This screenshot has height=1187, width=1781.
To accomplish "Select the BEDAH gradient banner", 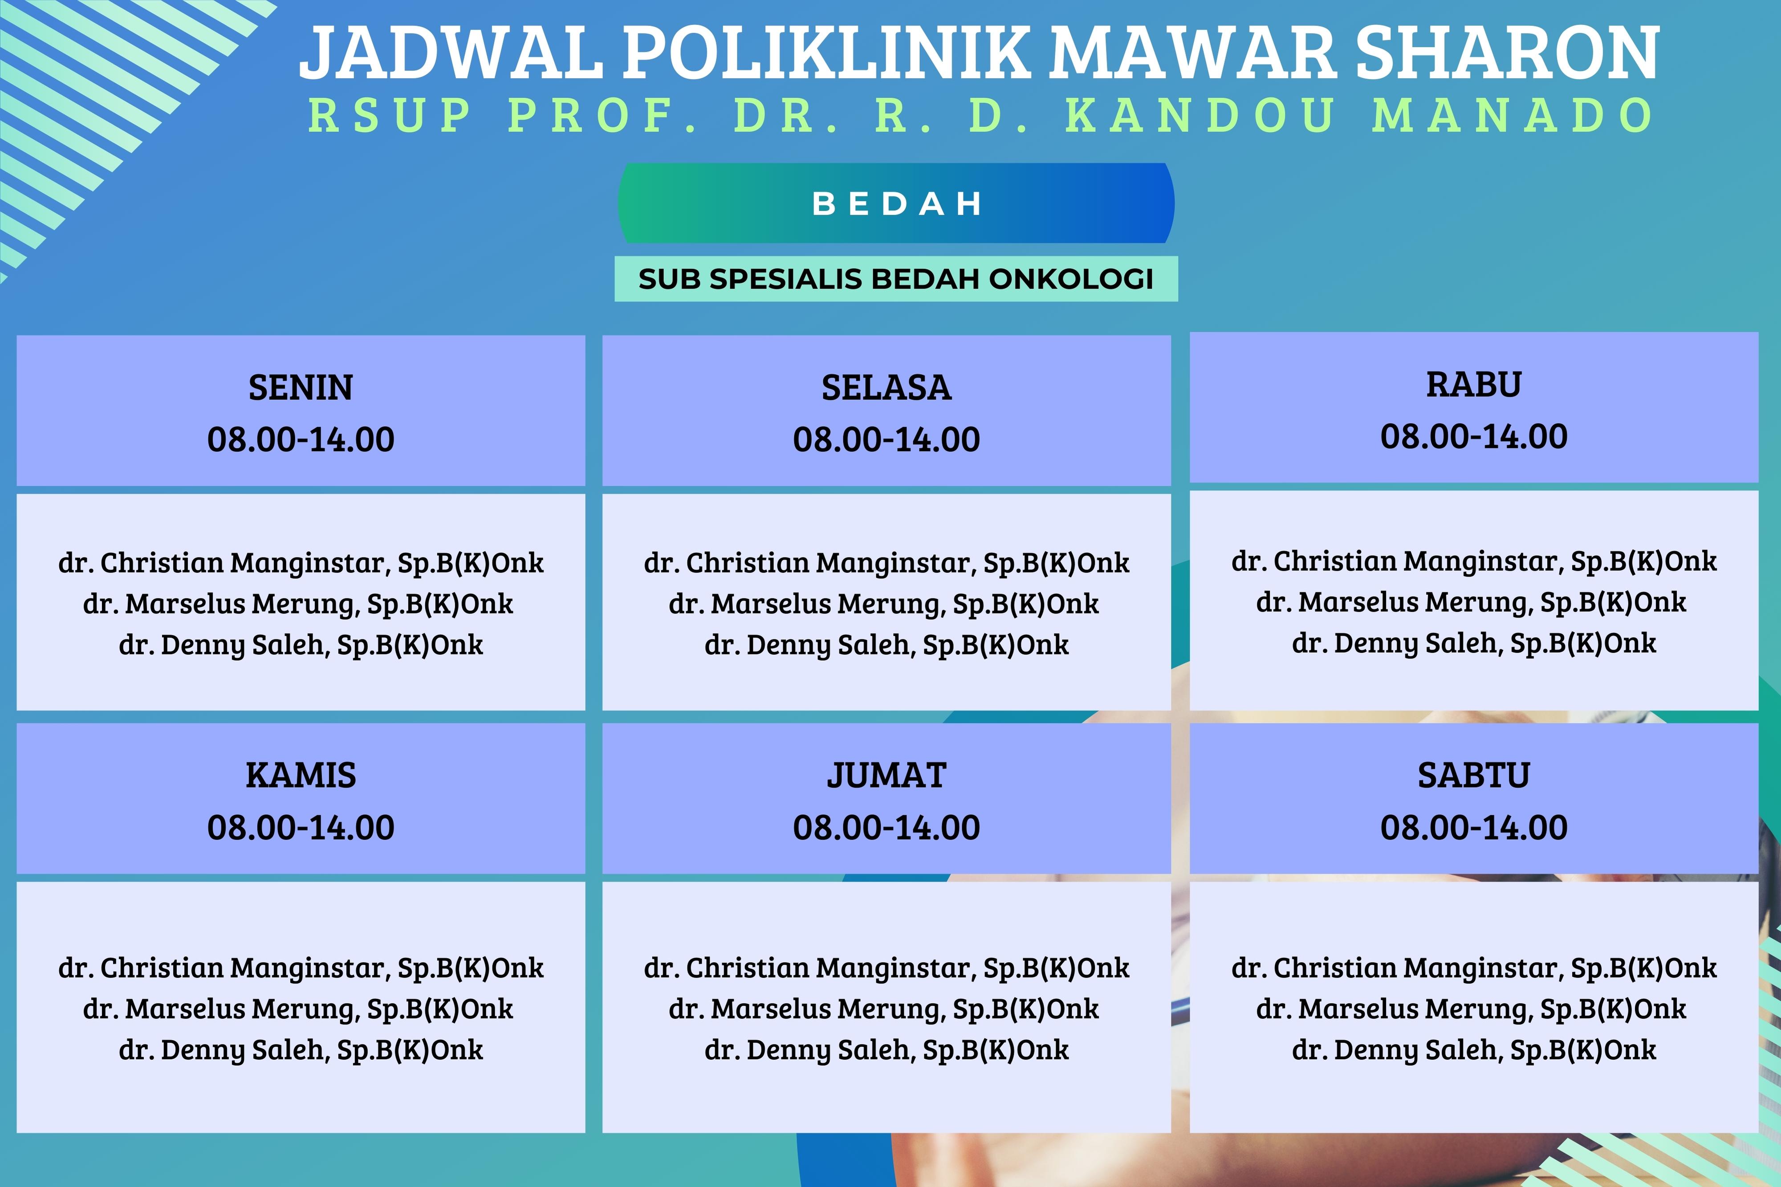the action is click(896, 203).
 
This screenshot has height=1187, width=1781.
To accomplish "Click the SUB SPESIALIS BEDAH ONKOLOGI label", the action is click(896, 279).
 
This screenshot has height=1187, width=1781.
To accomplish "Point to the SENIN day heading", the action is click(301, 388).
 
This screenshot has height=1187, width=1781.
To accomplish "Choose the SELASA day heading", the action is click(886, 388).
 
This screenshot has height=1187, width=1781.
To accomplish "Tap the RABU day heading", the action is click(1474, 385).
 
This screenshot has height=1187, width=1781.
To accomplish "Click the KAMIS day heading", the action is click(301, 775).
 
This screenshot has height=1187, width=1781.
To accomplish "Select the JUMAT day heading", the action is click(886, 775).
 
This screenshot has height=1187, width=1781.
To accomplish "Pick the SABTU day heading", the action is click(1474, 775).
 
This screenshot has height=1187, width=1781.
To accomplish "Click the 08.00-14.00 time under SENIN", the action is click(301, 439).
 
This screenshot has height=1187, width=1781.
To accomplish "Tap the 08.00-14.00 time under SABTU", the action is click(1474, 827).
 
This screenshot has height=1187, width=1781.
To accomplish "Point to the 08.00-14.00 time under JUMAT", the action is click(886, 827).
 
